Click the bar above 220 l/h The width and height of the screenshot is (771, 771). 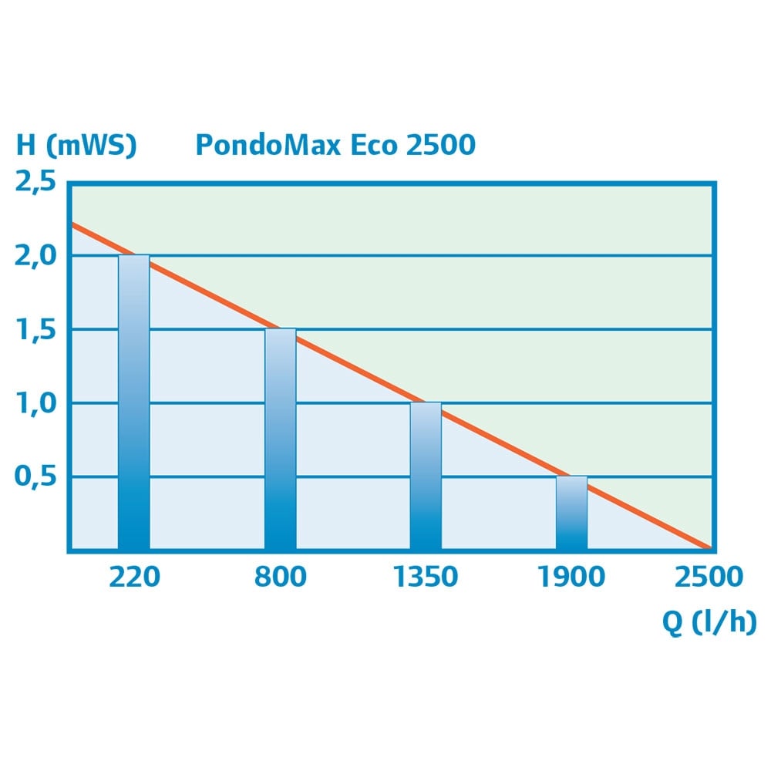click(133, 401)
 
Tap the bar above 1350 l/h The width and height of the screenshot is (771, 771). click(426, 475)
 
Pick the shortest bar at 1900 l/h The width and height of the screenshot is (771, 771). click(571, 512)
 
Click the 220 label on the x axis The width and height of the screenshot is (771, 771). click(134, 577)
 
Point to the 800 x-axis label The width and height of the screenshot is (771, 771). click(280, 577)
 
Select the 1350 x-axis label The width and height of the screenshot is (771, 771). click(426, 577)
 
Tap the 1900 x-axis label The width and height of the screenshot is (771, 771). click(571, 577)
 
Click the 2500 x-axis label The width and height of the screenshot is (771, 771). click(709, 577)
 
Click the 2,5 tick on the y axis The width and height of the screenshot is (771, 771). click(35, 183)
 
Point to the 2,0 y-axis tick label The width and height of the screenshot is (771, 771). click(35, 255)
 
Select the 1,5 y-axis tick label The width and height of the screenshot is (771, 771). click(35, 329)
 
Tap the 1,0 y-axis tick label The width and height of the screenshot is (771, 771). click(35, 402)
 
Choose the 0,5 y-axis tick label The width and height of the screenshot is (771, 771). click(35, 476)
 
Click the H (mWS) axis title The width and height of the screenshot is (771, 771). click(76, 145)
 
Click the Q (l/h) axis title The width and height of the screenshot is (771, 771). click(709, 622)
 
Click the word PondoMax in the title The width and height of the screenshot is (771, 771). click(268, 144)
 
